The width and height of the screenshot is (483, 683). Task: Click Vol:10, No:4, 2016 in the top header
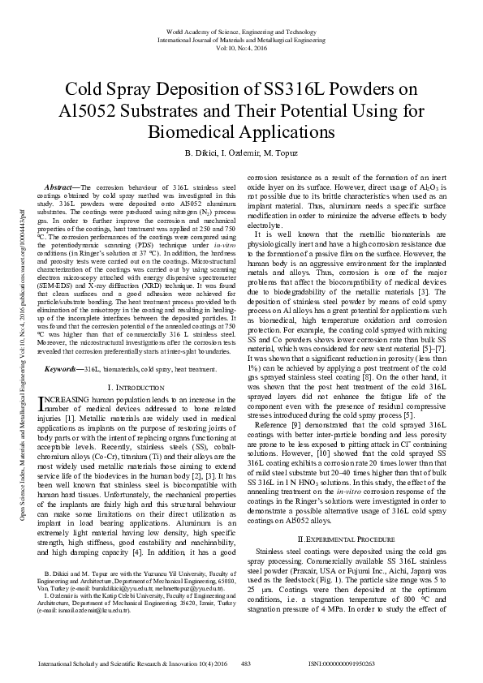240,47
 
